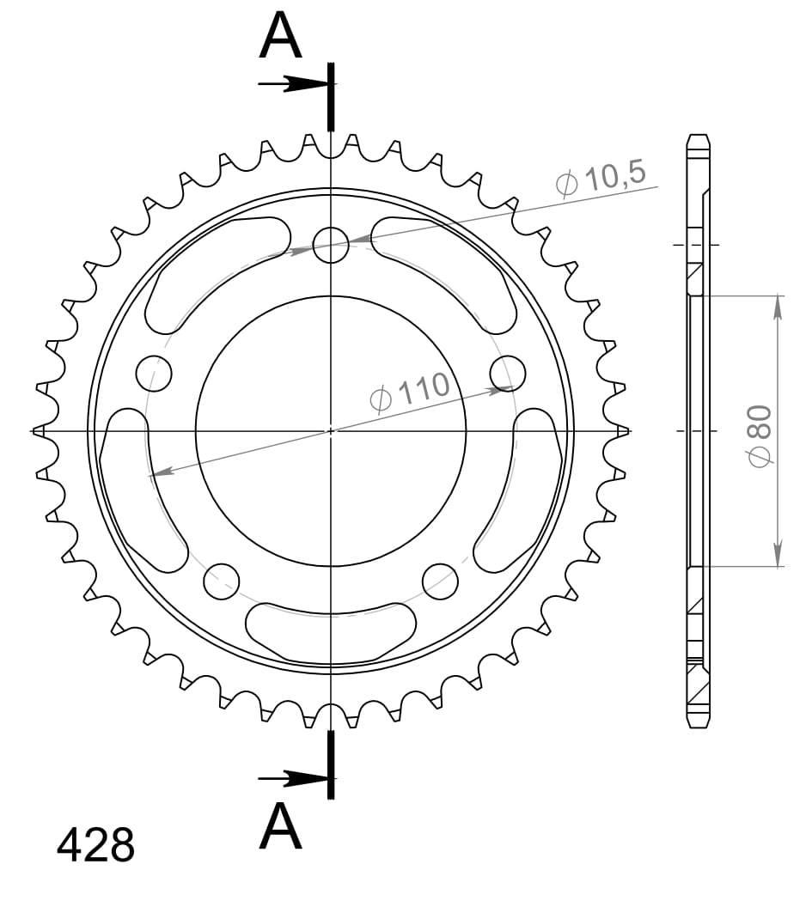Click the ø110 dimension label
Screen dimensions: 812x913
point(410,392)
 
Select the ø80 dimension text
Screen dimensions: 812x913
point(760,436)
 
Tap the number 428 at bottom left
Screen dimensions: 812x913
point(95,845)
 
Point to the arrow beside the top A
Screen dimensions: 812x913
point(294,84)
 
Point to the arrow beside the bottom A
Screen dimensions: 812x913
point(294,778)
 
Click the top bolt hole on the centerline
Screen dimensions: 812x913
point(330,245)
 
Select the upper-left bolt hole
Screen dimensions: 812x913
point(154,373)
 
